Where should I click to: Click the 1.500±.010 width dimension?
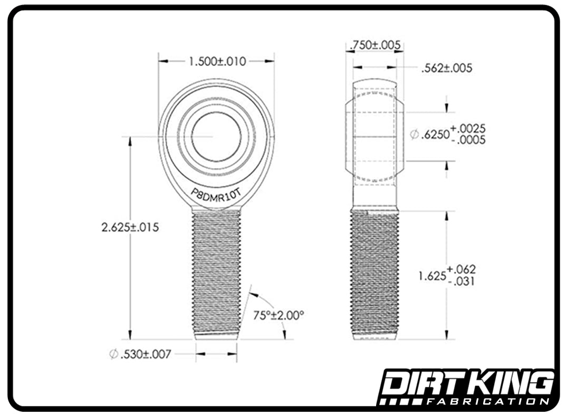(217, 61)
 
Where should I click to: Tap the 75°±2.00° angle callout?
(279, 316)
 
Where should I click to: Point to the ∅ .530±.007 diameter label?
(140, 354)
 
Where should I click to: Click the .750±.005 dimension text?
(375, 46)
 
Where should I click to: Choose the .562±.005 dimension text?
(447, 68)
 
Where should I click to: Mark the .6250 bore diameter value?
(435, 135)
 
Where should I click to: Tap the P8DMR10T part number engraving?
(216, 193)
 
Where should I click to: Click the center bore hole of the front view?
(216, 137)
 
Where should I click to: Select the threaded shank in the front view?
(216, 272)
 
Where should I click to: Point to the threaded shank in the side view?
(374, 272)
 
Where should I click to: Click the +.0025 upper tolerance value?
(468, 129)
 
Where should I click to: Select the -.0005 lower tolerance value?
(468, 140)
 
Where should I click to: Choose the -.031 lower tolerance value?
(462, 281)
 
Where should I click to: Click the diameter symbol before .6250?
(415, 136)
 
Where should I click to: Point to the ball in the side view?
(374, 137)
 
